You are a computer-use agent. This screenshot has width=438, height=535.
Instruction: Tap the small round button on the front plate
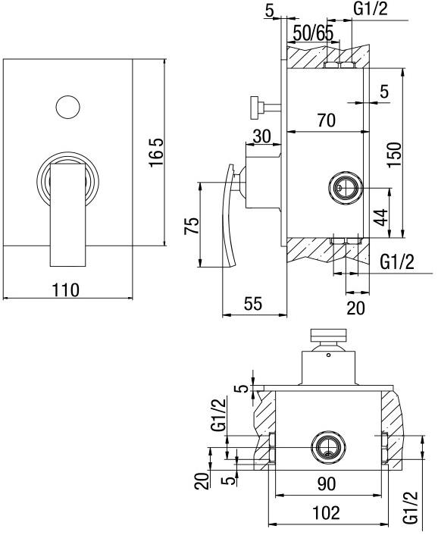point(67,106)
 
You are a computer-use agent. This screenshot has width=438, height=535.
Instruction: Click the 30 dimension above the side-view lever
point(261,137)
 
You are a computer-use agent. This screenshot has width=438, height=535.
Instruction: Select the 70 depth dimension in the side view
point(327,119)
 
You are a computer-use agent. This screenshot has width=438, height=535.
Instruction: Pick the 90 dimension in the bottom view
point(327,483)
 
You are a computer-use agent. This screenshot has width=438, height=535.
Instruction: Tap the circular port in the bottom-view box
point(327,449)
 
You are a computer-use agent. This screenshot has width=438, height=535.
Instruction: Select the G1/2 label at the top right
point(373,9)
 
